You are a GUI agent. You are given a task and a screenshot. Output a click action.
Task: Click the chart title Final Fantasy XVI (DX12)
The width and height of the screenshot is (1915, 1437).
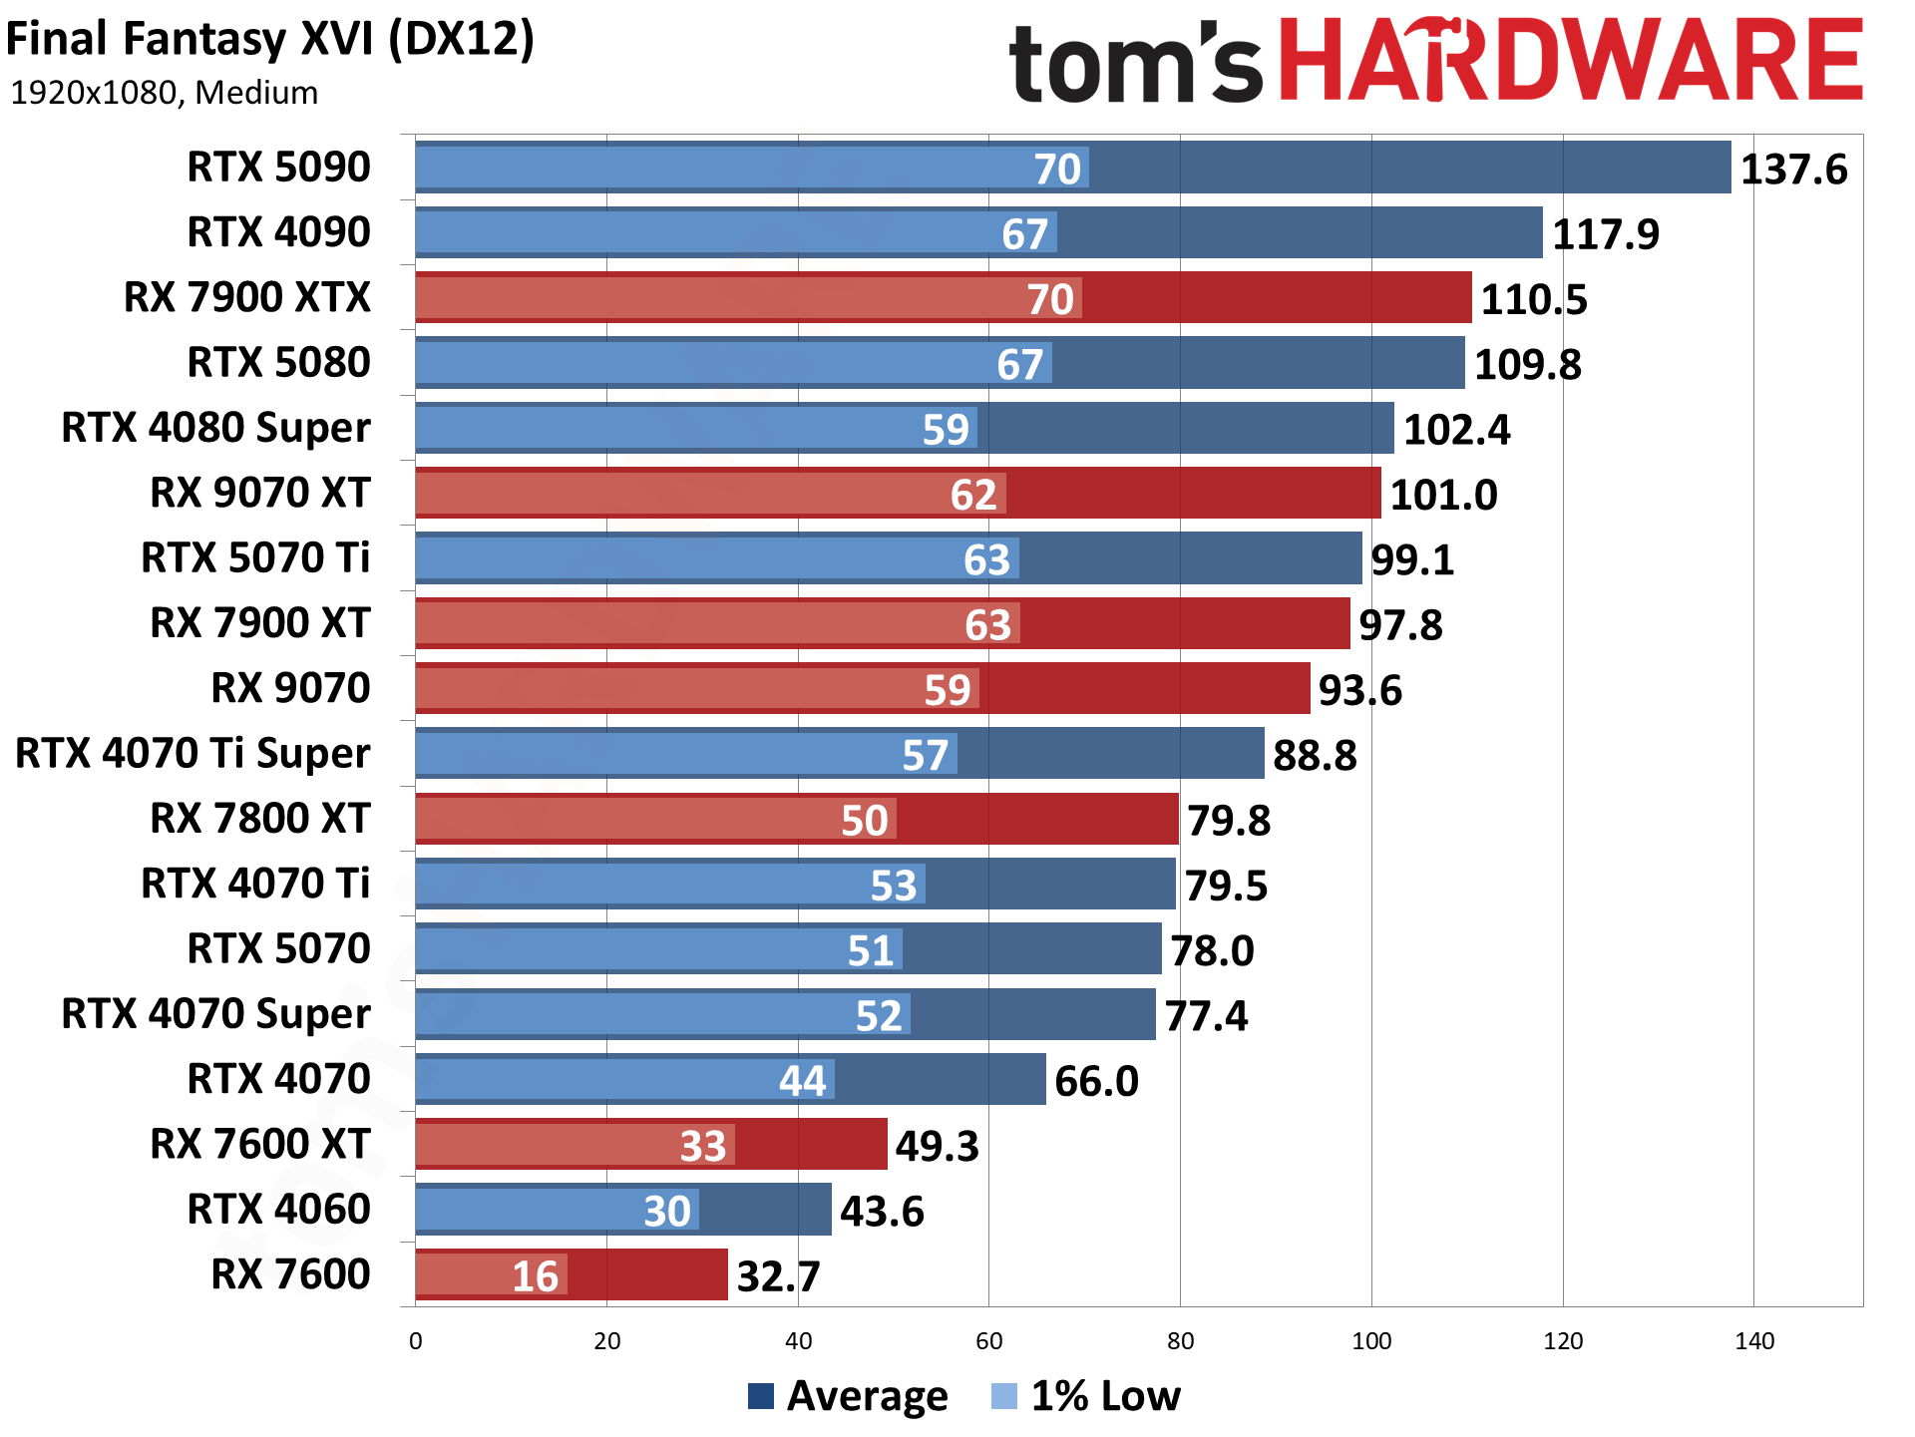[270, 40]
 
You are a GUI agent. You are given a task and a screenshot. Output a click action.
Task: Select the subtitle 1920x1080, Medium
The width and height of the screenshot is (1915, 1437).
[165, 93]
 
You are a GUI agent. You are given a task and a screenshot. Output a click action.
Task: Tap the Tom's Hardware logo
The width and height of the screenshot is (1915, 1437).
[1435, 62]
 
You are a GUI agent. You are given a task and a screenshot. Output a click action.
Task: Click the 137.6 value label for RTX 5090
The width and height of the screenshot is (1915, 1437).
[1793, 170]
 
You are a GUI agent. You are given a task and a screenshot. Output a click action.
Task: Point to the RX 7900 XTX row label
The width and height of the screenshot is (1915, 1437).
[246, 297]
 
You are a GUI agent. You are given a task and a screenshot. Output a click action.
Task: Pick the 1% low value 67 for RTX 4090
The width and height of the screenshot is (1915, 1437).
[1024, 234]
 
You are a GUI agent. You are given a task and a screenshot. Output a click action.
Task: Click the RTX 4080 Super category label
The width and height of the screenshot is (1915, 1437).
[215, 428]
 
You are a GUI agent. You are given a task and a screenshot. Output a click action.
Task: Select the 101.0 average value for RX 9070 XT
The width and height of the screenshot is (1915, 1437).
[1443, 495]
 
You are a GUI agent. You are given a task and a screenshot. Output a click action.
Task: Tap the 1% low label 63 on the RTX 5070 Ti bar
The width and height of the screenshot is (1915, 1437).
[986, 559]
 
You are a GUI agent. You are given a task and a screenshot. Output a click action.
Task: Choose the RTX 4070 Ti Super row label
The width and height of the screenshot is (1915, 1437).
[192, 753]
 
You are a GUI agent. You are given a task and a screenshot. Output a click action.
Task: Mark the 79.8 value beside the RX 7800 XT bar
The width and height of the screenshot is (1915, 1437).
[1229, 821]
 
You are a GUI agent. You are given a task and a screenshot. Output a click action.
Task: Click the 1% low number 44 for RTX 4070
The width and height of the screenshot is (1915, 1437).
[802, 1081]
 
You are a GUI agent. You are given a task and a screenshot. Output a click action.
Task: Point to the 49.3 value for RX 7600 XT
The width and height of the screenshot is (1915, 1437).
[937, 1146]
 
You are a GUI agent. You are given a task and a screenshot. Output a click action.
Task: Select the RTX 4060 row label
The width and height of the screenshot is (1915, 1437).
[278, 1209]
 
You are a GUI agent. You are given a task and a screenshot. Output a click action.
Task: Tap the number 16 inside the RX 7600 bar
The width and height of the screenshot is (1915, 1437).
[535, 1276]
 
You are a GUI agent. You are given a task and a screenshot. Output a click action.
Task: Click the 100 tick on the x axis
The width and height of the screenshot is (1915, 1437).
[1371, 1341]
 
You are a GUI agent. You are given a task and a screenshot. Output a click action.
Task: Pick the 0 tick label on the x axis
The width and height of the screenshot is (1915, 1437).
[416, 1341]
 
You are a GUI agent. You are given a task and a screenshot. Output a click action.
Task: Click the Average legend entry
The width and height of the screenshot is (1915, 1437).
[848, 1396]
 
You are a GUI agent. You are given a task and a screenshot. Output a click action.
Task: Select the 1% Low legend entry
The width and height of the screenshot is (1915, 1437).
[1086, 1396]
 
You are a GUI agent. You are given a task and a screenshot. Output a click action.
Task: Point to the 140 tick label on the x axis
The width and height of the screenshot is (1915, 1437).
[1754, 1341]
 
